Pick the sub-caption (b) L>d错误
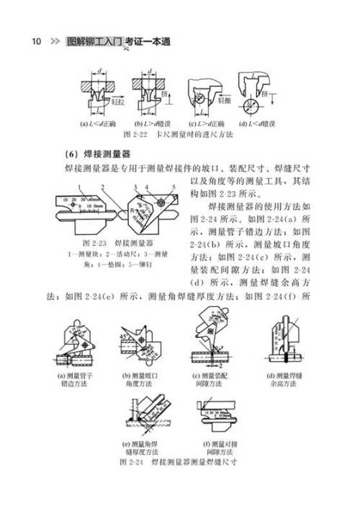click(x=153, y=125)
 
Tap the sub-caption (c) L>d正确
click(x=207, y=125)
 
